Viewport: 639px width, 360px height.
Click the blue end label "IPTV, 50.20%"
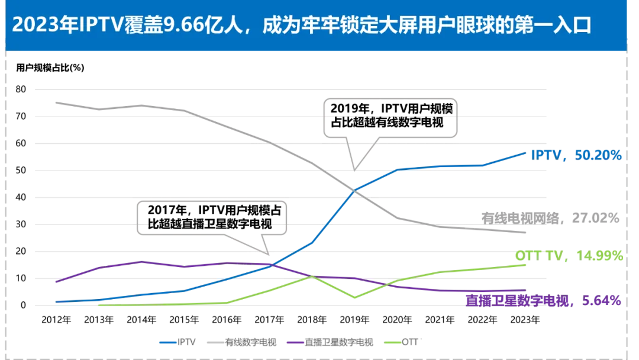(x=576, y=155)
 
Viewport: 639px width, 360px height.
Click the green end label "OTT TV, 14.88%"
(x=569, y=256)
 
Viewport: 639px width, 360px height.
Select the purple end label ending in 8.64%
(x=543, y=301)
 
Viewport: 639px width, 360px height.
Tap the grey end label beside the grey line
(x=547, y=218)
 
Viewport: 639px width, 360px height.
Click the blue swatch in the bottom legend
(x=169, y=342)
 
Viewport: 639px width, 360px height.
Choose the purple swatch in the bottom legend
(x=296, y=342)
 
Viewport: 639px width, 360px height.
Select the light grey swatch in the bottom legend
(x=215, y=342)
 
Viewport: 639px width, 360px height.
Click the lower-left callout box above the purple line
(x=211, y=217)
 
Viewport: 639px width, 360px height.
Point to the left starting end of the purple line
(x=54, y=281)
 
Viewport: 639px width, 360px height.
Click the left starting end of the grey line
(x=55, y=102)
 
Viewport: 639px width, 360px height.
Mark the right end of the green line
(x=525, y=265)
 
